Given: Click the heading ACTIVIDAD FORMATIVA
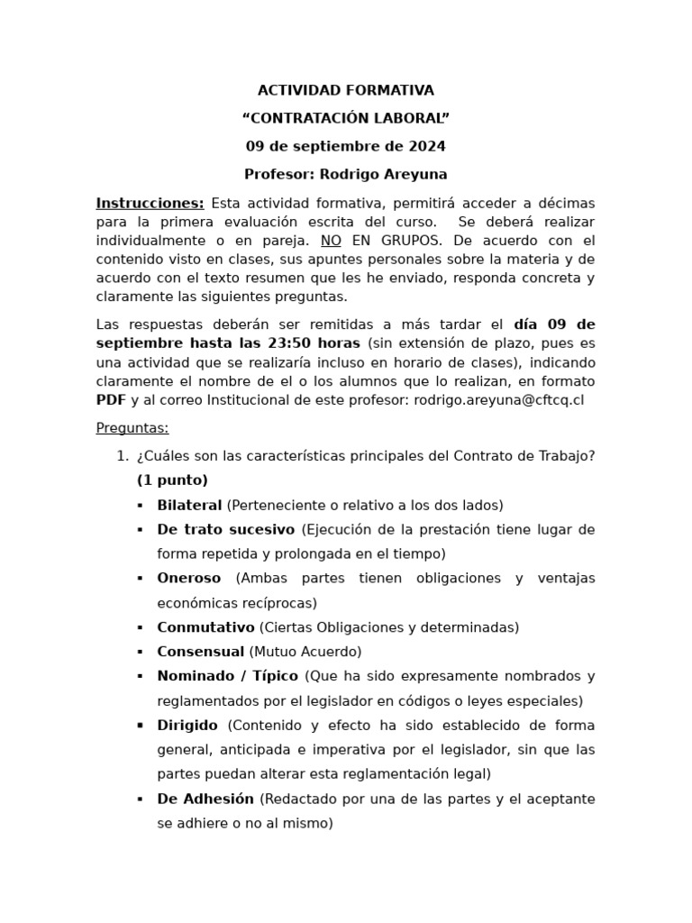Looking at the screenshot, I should point(346,90).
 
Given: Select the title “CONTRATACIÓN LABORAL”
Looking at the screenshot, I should point(346,118).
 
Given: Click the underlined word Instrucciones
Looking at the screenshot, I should point(150,203).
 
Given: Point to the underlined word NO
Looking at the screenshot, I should point(332,241).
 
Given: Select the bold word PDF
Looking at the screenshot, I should point(111,399).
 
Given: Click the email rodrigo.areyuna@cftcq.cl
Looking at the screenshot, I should point(498,399).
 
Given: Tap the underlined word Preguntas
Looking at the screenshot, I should point(132,428).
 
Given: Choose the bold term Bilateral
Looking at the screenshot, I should point(189,505).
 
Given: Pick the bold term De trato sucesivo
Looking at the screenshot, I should point(225,529).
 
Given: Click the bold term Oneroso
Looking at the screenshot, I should point(188,578).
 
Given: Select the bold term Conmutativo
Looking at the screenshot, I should point(205,626).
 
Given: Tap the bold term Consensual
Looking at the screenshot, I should point(200,651).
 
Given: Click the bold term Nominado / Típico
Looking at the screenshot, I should point(228,676).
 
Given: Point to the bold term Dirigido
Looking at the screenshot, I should point(187,725).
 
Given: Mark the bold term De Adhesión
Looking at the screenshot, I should point(206,799).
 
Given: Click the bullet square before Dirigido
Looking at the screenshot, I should point(140,726).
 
